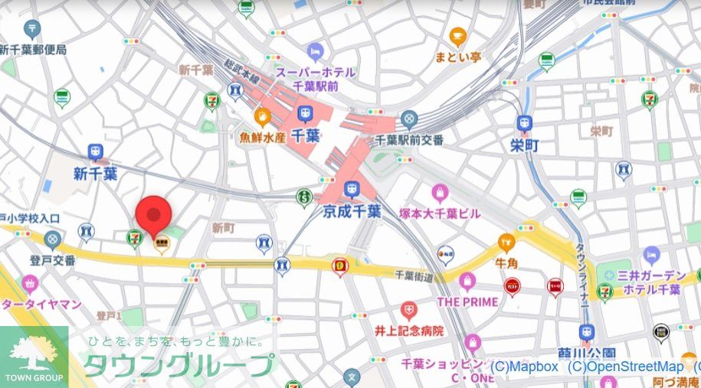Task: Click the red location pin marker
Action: (152, 214)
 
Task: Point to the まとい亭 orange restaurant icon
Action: (457, 35)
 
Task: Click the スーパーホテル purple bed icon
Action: (315, 52)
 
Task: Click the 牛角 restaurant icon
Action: (506, 242)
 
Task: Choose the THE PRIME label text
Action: (467, 302)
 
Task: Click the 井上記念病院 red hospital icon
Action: (409, 311)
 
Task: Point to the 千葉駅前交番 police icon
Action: (409, 119)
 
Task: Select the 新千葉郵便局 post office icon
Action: (32, 31)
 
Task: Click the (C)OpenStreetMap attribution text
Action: (627, 367)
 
